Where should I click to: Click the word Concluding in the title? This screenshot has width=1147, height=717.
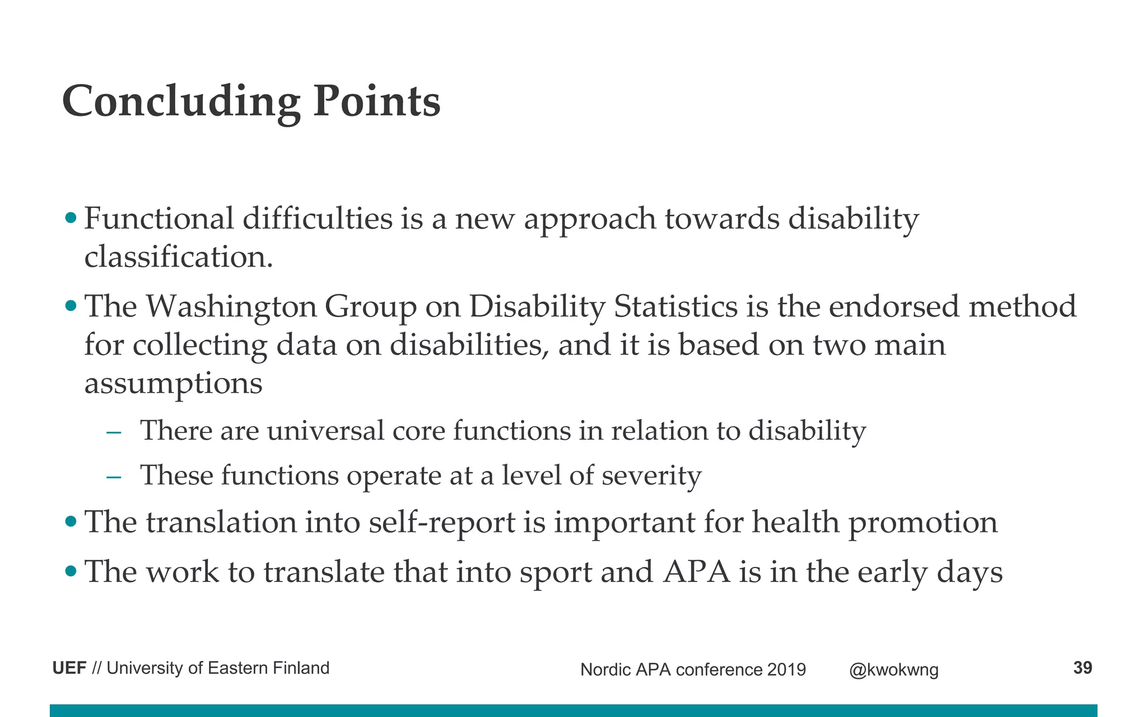[180, 102]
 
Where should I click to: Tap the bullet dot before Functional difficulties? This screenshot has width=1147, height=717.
[71, 217]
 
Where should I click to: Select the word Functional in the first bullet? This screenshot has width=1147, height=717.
[158, 218]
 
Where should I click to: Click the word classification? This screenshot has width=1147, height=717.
[178, 258]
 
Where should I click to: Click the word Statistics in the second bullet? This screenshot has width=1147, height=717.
[675, 307]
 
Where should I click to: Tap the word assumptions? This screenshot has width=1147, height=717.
[173, 384]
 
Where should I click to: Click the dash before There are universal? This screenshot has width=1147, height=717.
[114, 432]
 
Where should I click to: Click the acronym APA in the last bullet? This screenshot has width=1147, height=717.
[696, 572]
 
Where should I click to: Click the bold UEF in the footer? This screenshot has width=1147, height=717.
[69, 668]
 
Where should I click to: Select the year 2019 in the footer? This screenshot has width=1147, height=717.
[786, 669]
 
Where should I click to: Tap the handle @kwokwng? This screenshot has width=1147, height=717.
[893, 670]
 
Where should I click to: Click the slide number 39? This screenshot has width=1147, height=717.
[1082, 668]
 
